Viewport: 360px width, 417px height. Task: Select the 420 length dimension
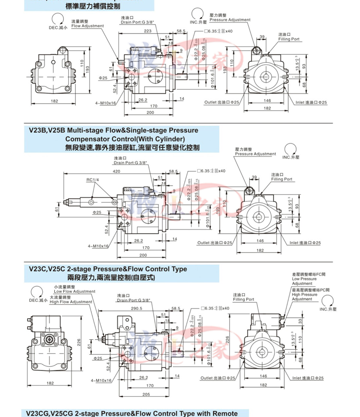pyautogui.click(x=117, y=171)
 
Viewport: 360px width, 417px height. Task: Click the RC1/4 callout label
pyautogui.click(x=92, y=180)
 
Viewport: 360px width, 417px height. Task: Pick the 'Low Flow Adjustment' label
pyautogui.click(x=74, y=291)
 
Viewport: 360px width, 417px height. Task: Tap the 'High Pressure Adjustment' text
pyautogui.click(x=305, y=297)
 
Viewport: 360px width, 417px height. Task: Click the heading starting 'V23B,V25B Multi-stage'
pyautogui.click(x=113, y=130)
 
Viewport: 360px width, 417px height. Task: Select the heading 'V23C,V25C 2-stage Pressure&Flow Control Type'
pyautogui.click(x=108, y=269)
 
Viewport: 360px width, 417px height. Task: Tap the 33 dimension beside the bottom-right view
pyautogui.click(x=301, y=321)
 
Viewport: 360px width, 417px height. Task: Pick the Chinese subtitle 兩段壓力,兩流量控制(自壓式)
pyautogui.click(x=111, y=278)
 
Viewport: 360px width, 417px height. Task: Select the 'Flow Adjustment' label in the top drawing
pyautogui.click(x=87, y=26)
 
